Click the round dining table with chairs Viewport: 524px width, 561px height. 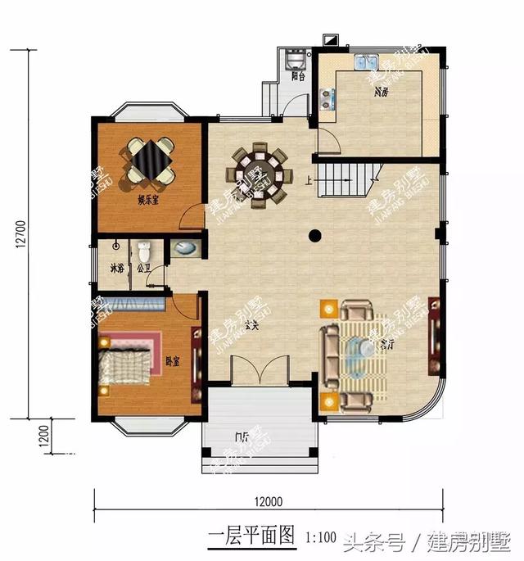260,173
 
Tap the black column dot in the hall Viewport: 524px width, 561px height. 314,237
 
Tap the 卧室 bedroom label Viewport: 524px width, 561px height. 171,360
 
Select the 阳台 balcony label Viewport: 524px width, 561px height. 298,77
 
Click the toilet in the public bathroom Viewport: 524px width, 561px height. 145,250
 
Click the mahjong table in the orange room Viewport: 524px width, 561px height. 149,159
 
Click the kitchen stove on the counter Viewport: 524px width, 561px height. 329,98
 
